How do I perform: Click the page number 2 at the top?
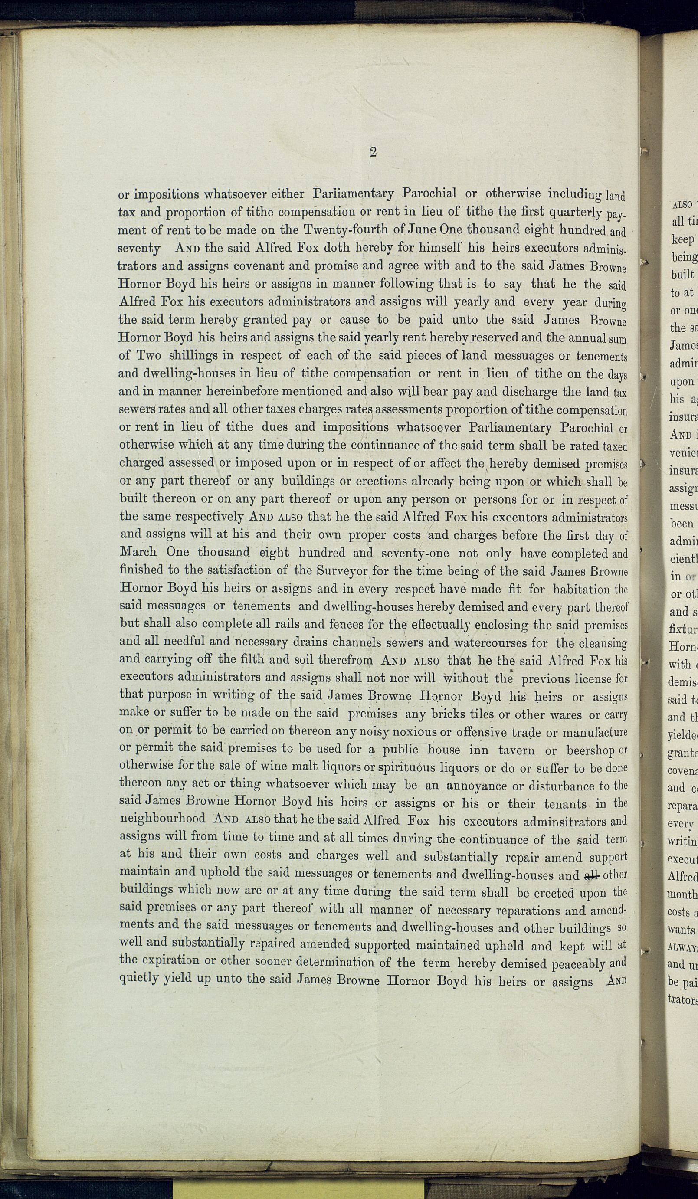pyautogui.click(x=373, y=152)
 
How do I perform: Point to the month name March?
pyautogui.click(x=138, y=552)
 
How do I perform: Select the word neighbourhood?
pyautogui.click(x=162, y=819)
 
